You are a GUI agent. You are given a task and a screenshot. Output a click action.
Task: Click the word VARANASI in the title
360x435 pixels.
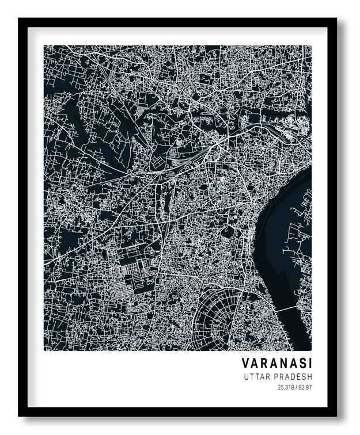[x=277, y=363]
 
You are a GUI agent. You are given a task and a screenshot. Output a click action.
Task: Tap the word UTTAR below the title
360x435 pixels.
[x=257, y=377]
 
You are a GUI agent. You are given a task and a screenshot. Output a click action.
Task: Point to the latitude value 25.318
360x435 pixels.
[x=285, y=388]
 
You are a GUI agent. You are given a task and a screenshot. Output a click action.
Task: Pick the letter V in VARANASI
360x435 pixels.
[x=245, y=363]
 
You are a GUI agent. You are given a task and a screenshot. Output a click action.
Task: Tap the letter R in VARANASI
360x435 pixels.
[x=263, y=363]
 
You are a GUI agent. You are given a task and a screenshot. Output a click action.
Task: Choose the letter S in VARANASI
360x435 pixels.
[x=300, y=363]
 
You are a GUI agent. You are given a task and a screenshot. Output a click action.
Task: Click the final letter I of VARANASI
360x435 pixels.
[x=309, y=363]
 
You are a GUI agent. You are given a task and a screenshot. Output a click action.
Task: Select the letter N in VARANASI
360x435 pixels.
[x=282, y=363]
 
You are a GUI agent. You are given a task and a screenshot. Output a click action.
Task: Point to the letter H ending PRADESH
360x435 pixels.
[x=309, y=377]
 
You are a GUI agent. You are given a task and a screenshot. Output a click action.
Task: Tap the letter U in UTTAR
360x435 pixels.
[x=247, y=377]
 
